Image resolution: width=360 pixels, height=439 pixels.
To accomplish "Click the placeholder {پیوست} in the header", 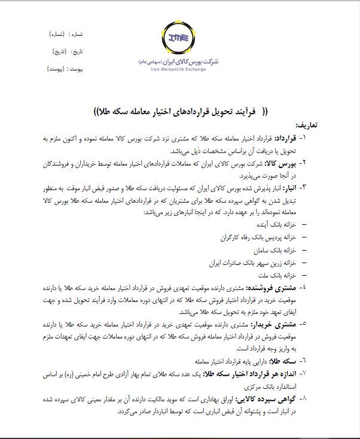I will click(x=59, y=69).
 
